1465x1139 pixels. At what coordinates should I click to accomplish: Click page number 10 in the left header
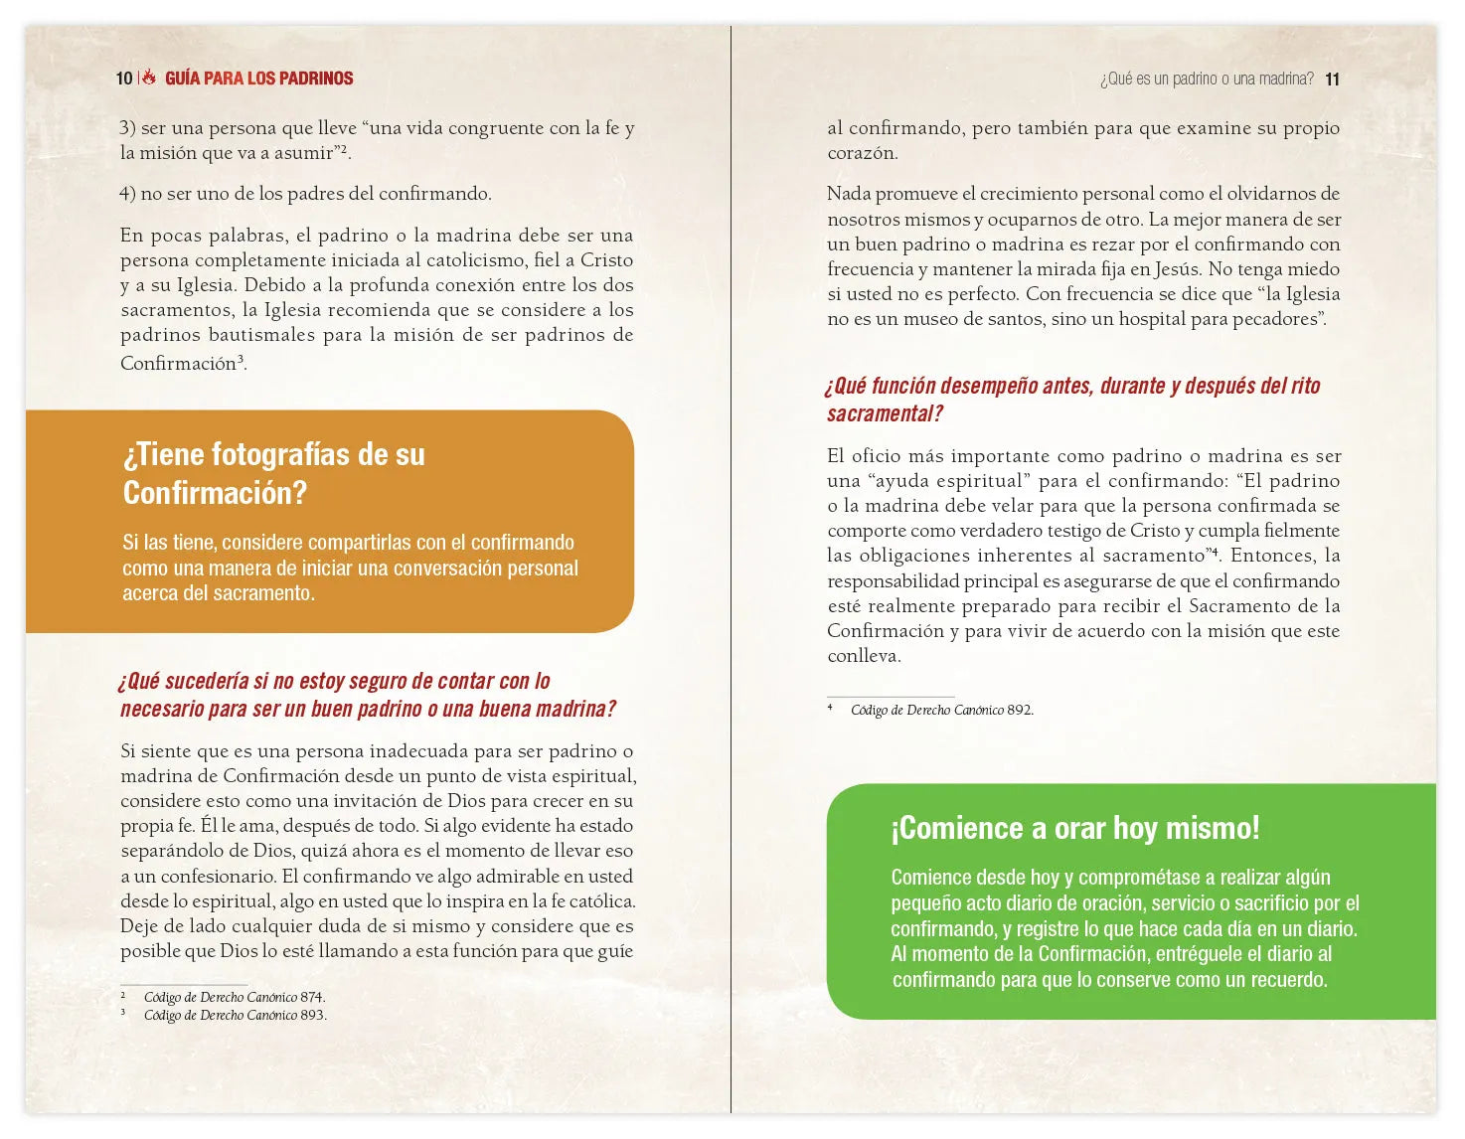tap(124, 79)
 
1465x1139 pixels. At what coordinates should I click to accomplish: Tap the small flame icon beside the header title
tap(149, 78)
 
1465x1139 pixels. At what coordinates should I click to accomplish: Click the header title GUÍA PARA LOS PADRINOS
tap(258, 79)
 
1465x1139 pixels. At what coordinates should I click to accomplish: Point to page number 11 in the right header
tap(1332, 80)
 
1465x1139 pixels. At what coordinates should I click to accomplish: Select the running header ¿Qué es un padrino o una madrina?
tap(1207, 80)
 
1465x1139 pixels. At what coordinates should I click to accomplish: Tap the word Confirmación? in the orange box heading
tap(215, 493)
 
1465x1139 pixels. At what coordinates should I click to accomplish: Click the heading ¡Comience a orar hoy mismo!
tap(1074, 828)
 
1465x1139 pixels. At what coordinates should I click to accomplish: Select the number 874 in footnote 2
tap(311, 997)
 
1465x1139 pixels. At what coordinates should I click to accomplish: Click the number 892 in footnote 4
tap(1019, 710)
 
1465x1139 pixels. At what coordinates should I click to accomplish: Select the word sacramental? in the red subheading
tap(885, 414)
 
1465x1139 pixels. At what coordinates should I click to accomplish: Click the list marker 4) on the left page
tap(127, 194)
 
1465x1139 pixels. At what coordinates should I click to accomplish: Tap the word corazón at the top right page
tap(862, 154)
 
